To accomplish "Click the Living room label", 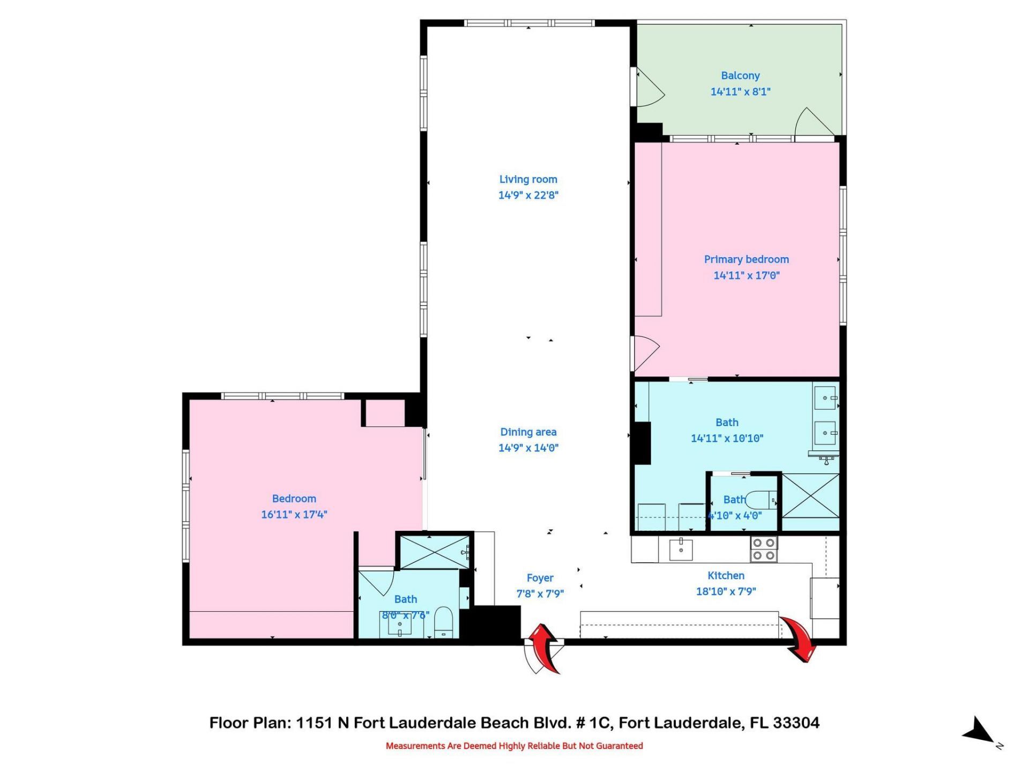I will click(x=528, y=180).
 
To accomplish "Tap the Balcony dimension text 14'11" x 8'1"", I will click(x=740, y=92).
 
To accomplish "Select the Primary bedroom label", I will click(x=746, y=259).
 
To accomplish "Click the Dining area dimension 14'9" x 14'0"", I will click(x=528, y=448).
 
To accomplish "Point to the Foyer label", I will click(x=540, y=578).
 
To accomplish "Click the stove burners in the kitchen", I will click(x=763, y=549).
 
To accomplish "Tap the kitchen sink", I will click(x=681, y=550).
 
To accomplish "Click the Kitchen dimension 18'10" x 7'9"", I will click(x=726, y=591).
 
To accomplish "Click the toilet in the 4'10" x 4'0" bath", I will click(x=760, y=500).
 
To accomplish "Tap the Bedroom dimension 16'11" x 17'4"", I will click(x=294, y=515).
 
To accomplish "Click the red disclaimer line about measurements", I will click(x=514, y=746).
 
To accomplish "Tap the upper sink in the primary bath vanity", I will click(x=825, y=398).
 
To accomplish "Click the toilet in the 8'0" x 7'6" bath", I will click(x=444, y=622).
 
